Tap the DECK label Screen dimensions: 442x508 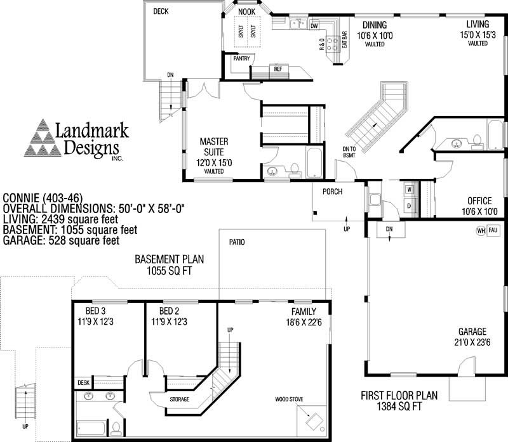point(161,11)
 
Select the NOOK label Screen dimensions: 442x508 point(246,11)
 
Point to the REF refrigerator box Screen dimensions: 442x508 point(277,68)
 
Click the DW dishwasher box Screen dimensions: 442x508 point(314,25)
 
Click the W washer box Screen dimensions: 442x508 point(409,189)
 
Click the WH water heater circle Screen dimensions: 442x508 point(481,230)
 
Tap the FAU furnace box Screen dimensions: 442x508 point(493,230)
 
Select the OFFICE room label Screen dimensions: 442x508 point(480,202)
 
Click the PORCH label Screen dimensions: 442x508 point(333,191)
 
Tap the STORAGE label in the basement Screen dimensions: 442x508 point(180,400)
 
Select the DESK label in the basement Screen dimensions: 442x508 point(83,382)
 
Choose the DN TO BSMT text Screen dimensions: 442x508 point(347,152)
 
